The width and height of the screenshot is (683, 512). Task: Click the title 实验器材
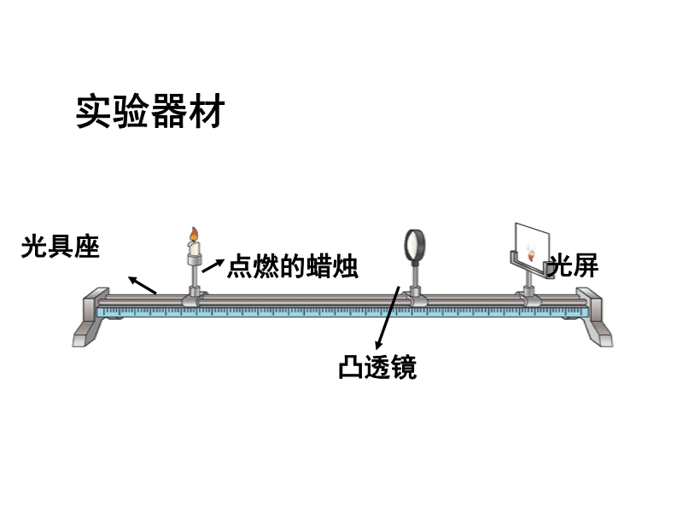tap(149, 111)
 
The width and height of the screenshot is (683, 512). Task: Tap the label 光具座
tap(61, 248)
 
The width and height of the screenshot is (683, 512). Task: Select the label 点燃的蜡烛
tap(293, 267)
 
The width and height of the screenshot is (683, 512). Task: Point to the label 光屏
tap(574, 266)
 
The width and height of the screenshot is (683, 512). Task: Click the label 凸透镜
tap(377, 369)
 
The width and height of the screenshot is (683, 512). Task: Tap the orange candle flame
tap(194, 234)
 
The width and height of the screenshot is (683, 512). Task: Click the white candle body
tap(194, 249)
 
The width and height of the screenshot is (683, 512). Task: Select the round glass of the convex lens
tap(415, 245)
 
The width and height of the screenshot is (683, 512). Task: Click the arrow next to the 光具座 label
tap(143, 284)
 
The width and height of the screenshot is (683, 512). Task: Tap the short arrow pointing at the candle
tap(213, 265)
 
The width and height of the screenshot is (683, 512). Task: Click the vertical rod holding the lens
tap(416, 275)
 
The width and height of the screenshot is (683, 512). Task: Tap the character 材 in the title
tap(205, 111)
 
